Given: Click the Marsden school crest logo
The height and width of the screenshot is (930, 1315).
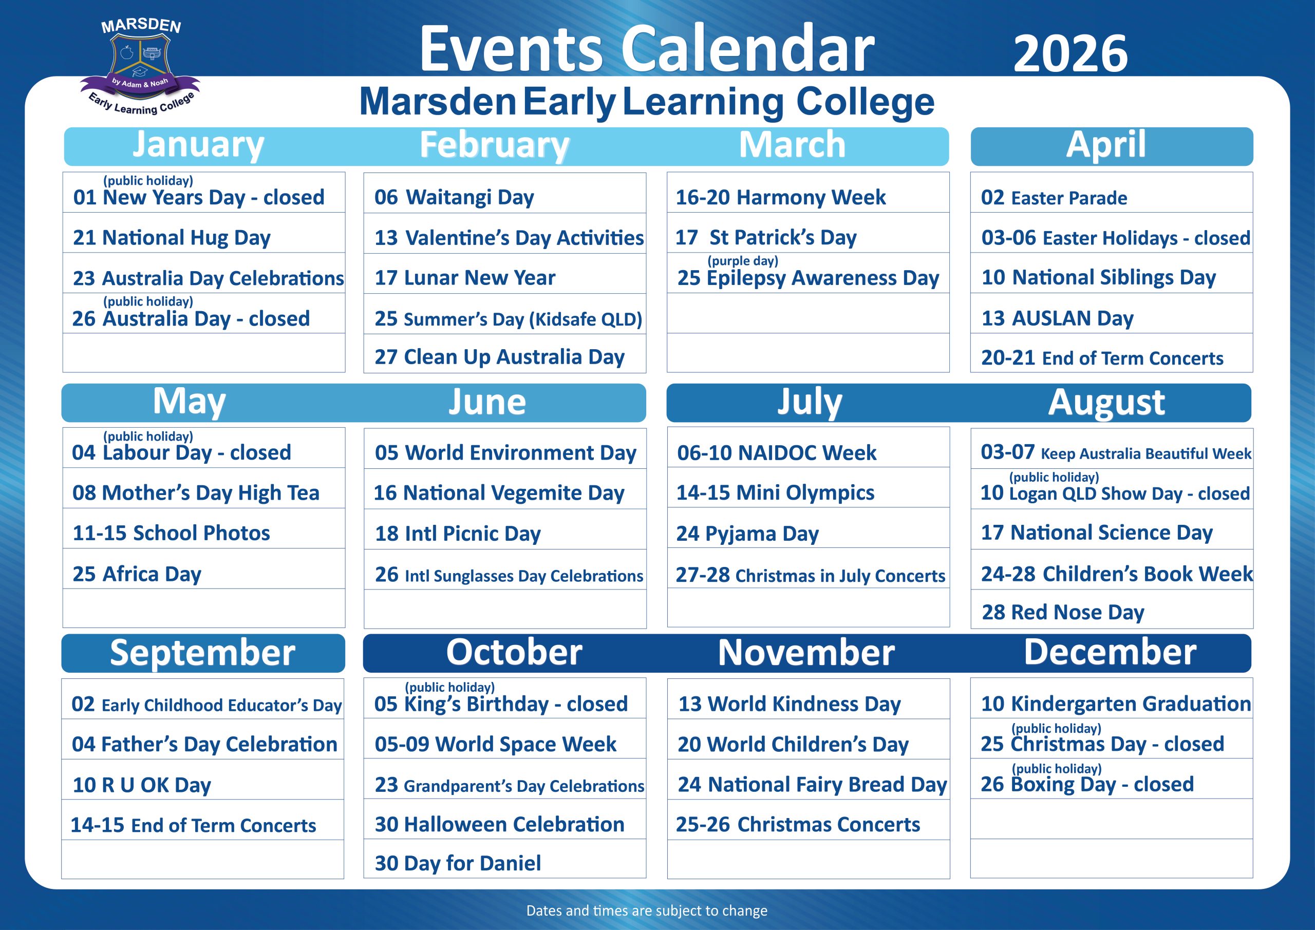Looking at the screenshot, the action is coord(141,66).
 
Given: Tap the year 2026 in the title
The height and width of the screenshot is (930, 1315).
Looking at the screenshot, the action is coord(1070,54).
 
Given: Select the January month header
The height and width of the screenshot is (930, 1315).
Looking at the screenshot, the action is coord(198,145).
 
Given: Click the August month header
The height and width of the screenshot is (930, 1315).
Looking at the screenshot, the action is coord(1106,402).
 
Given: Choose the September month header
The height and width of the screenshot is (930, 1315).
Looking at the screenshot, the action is coord(203,652).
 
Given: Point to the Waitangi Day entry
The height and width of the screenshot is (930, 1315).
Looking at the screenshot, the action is coord(454,198).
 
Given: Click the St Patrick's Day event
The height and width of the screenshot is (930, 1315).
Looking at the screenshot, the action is coord(766,237).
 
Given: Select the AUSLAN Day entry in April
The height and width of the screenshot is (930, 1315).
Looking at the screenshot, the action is coord(1057,318).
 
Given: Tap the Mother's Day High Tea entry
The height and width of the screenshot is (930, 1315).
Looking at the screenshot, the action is coord(196,493).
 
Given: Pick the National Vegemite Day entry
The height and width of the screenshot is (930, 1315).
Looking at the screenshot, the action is coord(499,493).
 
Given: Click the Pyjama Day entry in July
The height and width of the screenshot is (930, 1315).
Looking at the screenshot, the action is coord(747,534).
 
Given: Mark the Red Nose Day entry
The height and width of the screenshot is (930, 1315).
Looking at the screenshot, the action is coord(1063,612).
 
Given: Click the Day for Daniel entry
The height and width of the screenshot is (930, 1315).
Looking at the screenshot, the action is coord(458,864).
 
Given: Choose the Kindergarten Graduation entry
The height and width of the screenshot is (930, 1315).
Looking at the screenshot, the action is coord(1116,704).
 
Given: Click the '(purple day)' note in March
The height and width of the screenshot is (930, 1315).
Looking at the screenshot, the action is coord(743,261).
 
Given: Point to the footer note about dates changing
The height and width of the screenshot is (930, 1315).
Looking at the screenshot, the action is coord(647,910).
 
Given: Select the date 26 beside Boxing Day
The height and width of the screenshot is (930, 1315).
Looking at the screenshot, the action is coord(992,785).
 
